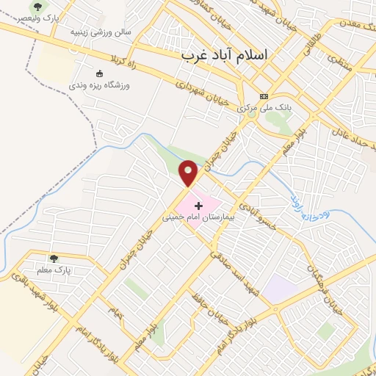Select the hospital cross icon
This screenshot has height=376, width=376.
[x=198, y=206]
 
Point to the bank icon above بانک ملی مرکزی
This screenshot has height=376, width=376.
[x=264, y=96]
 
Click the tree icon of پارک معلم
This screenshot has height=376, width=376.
[x=53, y=258]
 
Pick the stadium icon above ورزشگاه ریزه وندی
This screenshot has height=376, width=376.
[x=100, y=73]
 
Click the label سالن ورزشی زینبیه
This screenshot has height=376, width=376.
[x=100, y=32]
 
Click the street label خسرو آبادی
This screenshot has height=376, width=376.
[x=261, y=216]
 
